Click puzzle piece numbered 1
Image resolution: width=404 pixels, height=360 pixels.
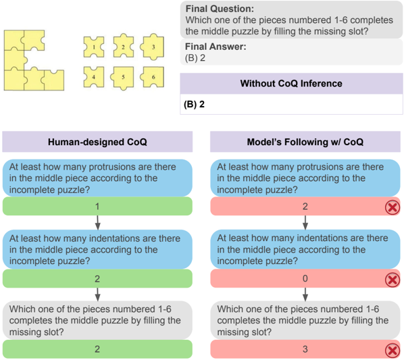click(x=94, y=47)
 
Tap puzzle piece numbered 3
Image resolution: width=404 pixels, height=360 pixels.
click(x=152, y=47)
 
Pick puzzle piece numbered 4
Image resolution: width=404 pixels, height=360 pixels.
click(x=94, y=77)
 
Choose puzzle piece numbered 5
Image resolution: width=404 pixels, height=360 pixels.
click(x=122, y=78)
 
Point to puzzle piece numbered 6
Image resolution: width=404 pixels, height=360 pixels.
click(x=152, y=77)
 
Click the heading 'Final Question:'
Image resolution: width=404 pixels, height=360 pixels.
click(x=220, y=9)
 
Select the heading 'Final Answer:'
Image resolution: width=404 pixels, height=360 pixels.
click(x=216, y=47)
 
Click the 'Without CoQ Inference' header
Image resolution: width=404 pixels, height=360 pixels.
click(x=291, y=84)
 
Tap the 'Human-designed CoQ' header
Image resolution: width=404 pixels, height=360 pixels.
click(x=97, y=142)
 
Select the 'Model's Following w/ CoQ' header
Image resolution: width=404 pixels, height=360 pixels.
click(x=305, y=142)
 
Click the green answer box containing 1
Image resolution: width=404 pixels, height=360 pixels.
click(x=97, y=206)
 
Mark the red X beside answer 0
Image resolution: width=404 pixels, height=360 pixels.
click(x=393, y=280)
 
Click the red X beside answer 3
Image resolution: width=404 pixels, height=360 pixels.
click(x=393, y=351)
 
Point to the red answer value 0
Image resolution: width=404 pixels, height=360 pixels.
click(x=305, y=278)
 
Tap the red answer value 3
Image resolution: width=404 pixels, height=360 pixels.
click(x=305, y=349)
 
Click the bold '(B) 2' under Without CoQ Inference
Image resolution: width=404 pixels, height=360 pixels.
click(x=195, y=104)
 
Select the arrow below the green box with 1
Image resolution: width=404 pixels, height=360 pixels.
click(x=97, y=222)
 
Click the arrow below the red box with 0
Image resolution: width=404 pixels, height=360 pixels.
click(x=305, y=294)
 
